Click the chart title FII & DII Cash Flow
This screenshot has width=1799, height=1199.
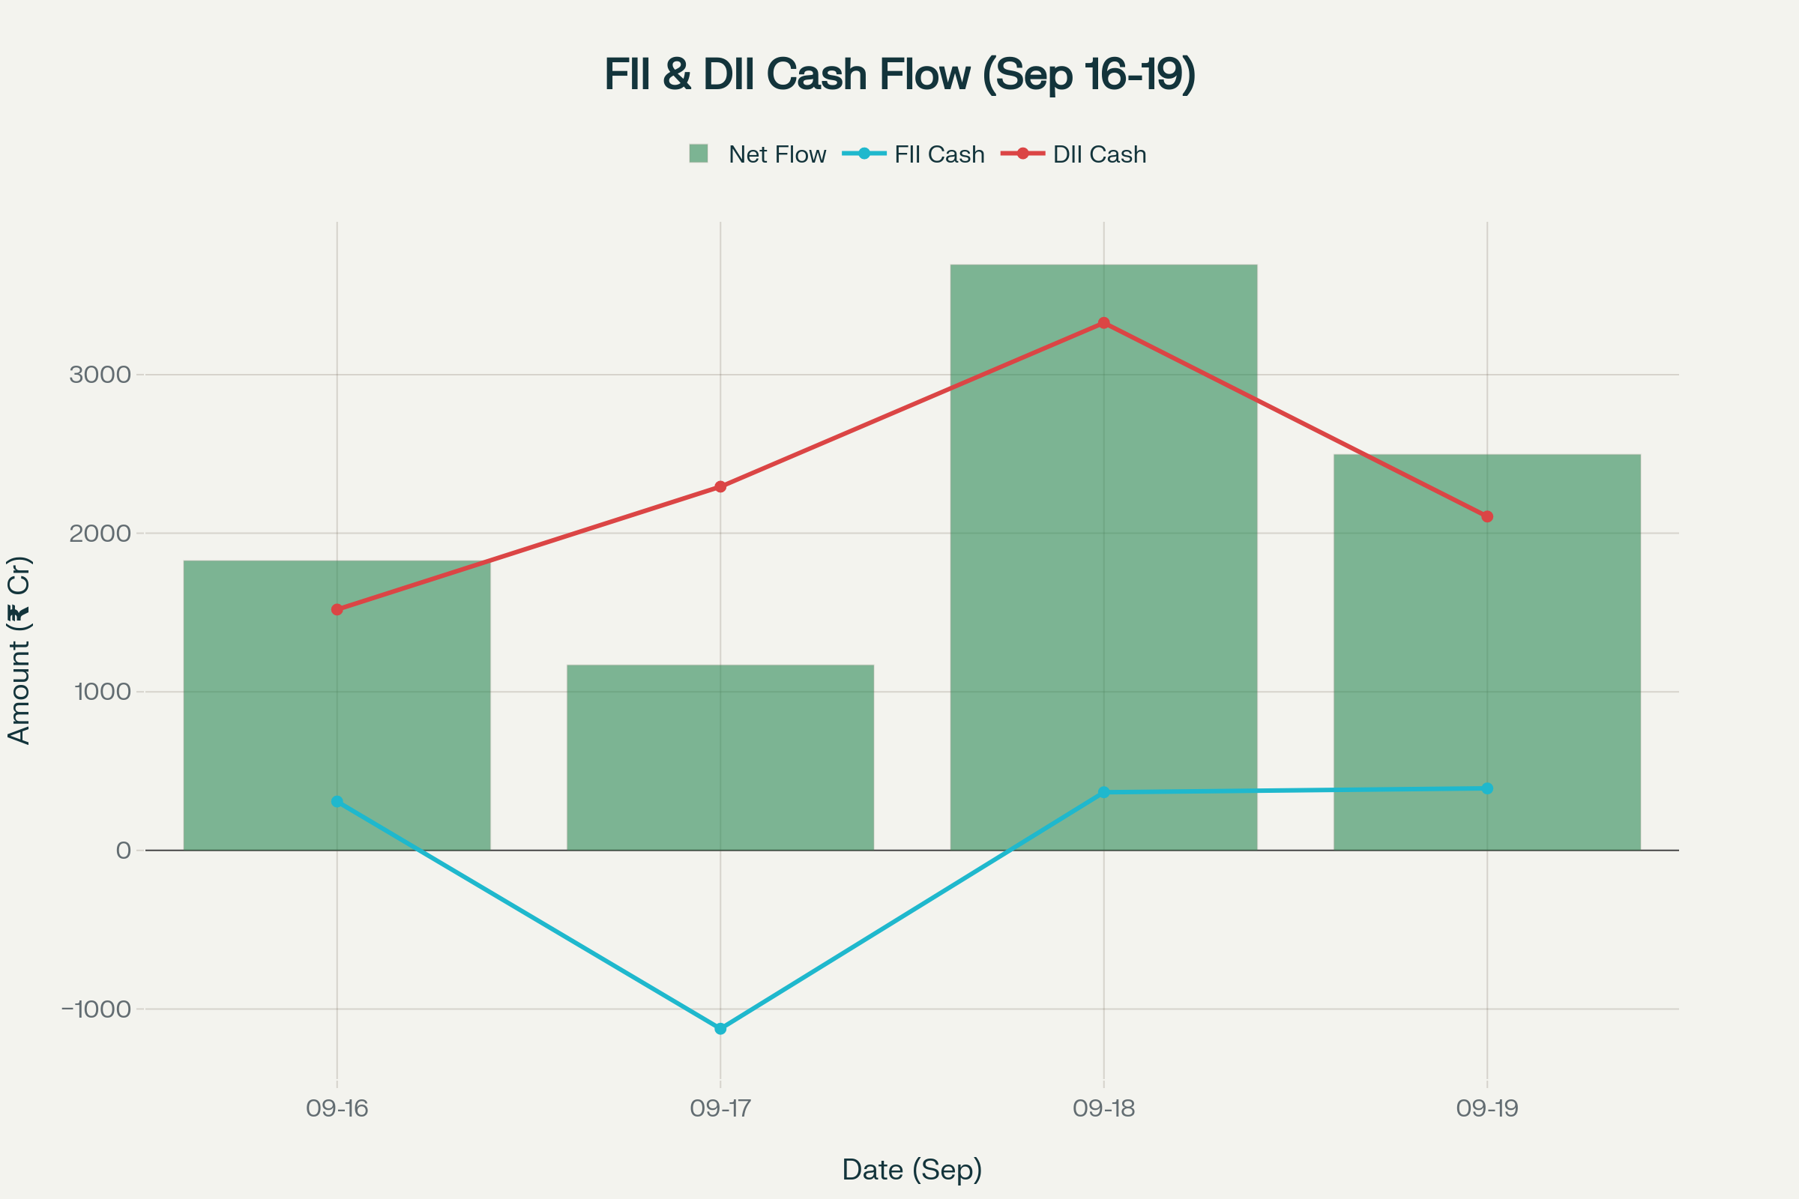coord(899,74)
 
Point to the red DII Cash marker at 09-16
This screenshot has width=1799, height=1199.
coord(337,609)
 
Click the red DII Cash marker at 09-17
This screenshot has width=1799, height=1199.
coord(720,486)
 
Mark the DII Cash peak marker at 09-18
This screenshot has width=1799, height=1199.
coord(1103,323)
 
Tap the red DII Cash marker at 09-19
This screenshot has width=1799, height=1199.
coord(1487,517)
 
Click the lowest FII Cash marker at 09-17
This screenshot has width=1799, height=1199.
coord(720,1028)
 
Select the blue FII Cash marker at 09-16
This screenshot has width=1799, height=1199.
coord(337,801)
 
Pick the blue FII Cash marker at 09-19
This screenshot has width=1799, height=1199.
coord(1487,788)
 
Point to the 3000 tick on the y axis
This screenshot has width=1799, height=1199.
coord(100,375)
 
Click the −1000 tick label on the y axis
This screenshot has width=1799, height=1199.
coord(97,1009)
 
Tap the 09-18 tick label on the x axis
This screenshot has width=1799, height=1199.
coord(1103,1108)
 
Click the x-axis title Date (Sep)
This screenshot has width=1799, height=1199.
coord(911,1169)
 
